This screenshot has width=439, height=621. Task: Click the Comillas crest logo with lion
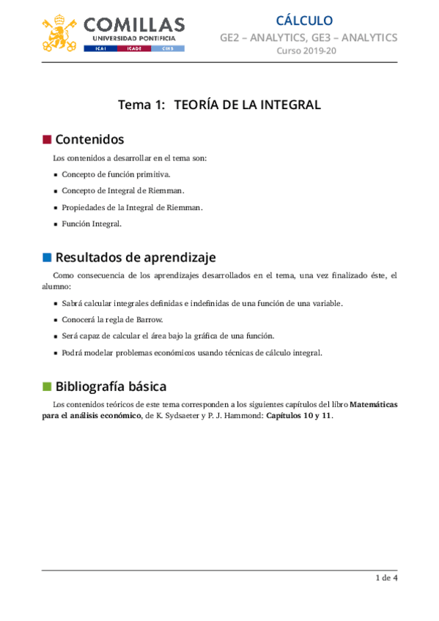coord(61,32)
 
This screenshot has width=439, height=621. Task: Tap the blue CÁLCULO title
coord(304,21)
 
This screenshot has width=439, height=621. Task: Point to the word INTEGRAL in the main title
coord(289,105)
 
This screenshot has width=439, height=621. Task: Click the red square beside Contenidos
coord(47,139)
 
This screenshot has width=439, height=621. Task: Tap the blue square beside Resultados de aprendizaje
coord(47,257)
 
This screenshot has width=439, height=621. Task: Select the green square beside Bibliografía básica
coord(47,386)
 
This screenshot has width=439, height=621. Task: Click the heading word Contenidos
coord(89,139)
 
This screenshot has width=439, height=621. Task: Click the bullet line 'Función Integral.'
coord(92,223)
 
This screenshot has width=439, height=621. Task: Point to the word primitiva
coord(152,174)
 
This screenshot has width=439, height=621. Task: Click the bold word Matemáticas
coord(374,404)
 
